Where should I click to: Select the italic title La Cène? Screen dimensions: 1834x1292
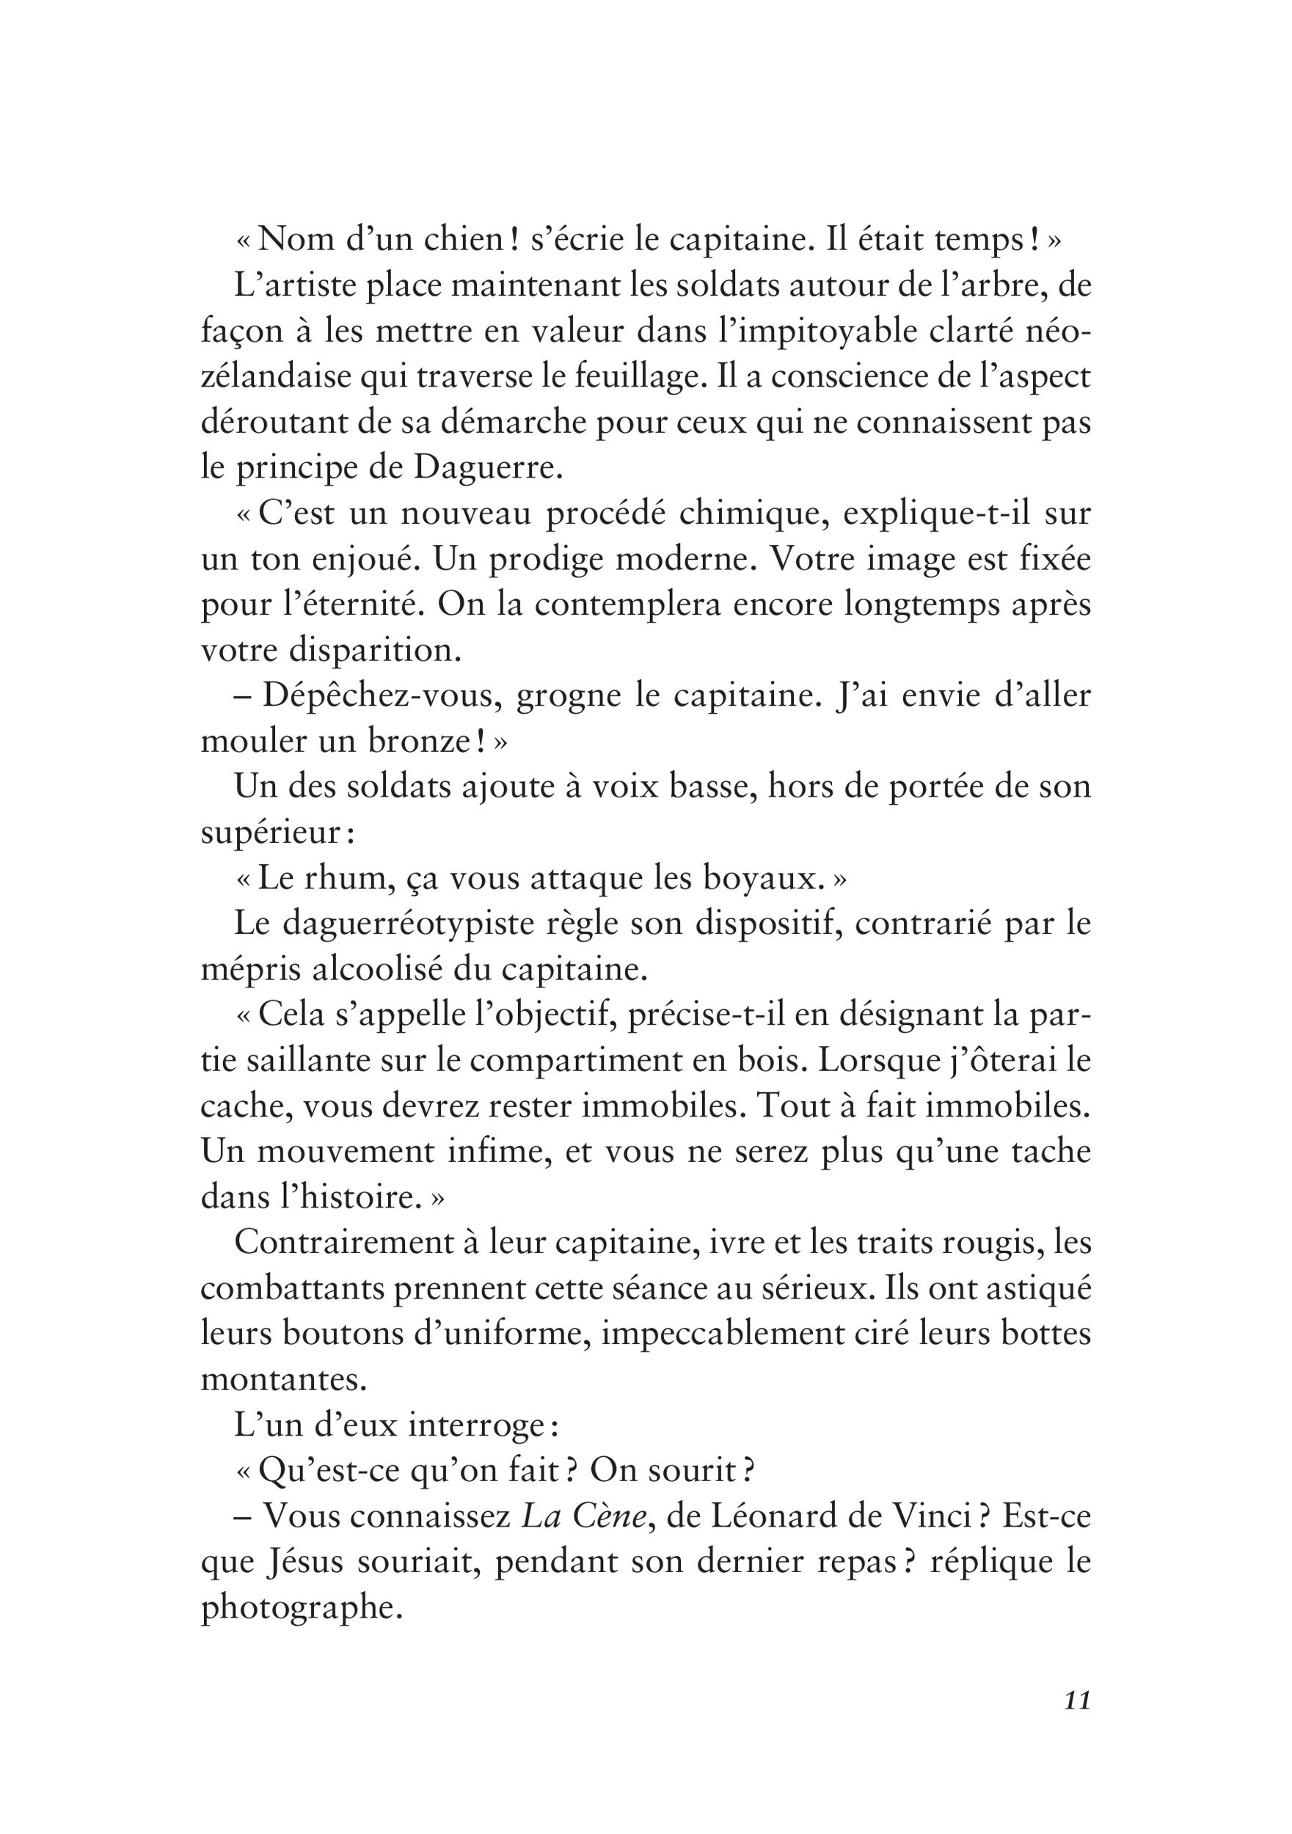(x=583, y=1516)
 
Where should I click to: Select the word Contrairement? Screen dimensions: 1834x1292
(x=344, y=1242)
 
